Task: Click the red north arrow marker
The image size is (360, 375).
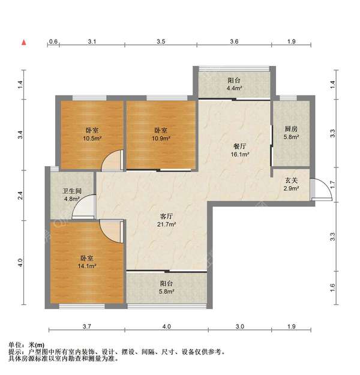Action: pos(23,43)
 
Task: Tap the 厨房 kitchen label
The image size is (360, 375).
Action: pos(291,129)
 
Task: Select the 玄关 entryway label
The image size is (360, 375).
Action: pos(291,181)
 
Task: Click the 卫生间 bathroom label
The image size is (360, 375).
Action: pos(72,191)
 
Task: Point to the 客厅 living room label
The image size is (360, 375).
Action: pos(166,216)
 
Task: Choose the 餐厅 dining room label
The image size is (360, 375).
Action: pos(239,146)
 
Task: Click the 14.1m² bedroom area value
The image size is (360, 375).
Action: pos(87,266)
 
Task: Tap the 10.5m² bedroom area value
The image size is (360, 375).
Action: pos(92,138)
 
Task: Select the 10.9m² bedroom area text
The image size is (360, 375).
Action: pos(161,138)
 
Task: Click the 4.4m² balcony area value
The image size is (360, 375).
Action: pos(235,88)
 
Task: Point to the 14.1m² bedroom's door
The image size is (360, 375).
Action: pos(112,232)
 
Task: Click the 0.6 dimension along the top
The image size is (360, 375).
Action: pos(53,41)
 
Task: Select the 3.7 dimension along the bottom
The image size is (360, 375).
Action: pos(86,326)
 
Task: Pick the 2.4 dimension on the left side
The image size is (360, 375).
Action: pos(20,196)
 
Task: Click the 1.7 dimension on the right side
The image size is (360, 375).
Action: pos(333,184)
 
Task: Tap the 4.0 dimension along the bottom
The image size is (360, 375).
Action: pos(166,326)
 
